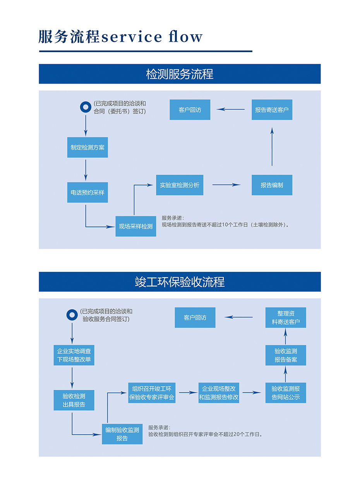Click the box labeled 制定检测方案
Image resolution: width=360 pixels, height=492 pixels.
pos(87,147)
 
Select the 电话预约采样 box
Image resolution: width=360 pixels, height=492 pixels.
pos(87,192)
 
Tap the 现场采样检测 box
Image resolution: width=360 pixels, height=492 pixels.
pos(136,226)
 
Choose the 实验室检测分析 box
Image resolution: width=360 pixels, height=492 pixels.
pos(180,185)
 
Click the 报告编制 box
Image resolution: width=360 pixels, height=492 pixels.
pos(272,185)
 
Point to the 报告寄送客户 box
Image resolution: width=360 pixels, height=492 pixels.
pos(272,110)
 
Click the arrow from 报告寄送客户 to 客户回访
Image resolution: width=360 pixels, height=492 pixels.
pos(231,110)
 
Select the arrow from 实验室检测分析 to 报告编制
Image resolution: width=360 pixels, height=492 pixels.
pos(226,185)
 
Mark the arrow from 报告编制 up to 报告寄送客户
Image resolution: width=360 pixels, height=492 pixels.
pos(272,147)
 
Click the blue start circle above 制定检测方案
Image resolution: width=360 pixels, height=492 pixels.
pos(86,107)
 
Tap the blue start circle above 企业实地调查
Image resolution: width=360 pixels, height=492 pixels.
pos(72,315)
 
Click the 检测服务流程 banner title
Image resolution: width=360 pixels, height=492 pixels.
pos(180,74)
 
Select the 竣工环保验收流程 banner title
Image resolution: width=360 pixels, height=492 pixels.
pos(180,282)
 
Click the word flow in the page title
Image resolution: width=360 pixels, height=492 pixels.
pos(186,37)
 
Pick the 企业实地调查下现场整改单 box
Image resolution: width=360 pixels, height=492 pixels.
pos(74,355)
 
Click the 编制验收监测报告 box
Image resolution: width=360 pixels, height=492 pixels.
pos(122,434)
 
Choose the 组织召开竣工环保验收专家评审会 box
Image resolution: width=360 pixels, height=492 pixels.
pos(152,393)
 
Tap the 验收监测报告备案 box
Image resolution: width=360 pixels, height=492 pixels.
pos(286,355)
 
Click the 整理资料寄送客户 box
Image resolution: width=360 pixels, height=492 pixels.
pos(286,317)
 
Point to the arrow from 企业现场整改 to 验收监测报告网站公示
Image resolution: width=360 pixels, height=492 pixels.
pos(252,393)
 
